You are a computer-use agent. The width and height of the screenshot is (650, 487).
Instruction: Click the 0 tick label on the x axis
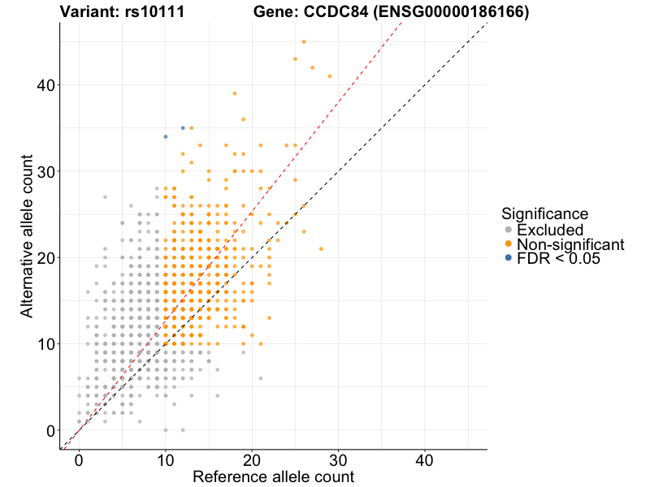pyautogui.click(x=79, y=459)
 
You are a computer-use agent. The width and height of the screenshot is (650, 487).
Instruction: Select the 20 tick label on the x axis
pyautogui.click(x=252, y=459)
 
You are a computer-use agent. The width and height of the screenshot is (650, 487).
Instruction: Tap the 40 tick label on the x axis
pyautogui.click(x=425, y=459)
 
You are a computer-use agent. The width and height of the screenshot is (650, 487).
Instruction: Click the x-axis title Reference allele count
pyautogui.click(x=273, y=476)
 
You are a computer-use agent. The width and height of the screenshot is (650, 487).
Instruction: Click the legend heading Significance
pyautogui.click(x=544, y=214)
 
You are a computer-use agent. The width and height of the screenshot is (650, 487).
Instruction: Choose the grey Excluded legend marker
pyautogui.click(x=509, y=231)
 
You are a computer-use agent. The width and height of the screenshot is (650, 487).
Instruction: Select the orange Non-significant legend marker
pyautogui.click(x=509, y=244)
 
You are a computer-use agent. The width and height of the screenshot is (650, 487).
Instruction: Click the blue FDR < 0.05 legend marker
pyautogui.click(x=509, y=258)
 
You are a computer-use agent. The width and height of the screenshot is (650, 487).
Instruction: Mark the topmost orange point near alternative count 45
pyautogui.click(x=304, y=41)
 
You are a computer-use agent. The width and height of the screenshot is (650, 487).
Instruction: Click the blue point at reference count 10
pyautogui.click(x=166, y=136)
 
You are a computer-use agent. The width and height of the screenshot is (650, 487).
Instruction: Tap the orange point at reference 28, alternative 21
pyautogui.click(x=321, y=248)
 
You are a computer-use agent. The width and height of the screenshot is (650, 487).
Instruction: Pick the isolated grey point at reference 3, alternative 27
pyautogui.click(x=105, y=197)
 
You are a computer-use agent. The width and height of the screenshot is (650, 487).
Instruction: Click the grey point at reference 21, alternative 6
pyautogui.click(x=261, y=378)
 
